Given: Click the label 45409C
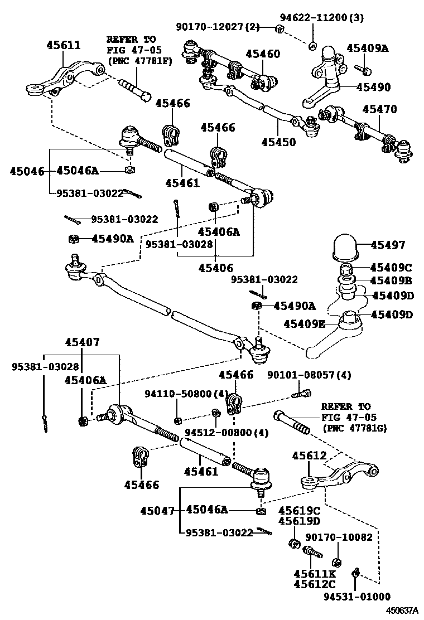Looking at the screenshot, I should click(391, 267).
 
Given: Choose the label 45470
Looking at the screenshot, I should click(380, 109).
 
